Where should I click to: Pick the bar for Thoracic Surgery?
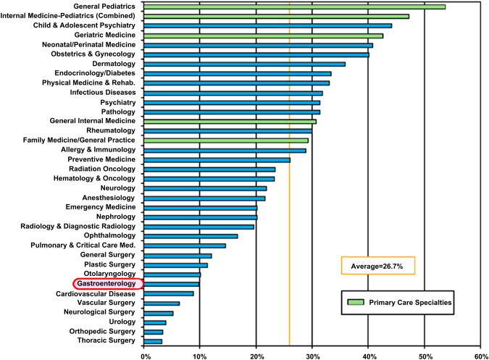(154, 340)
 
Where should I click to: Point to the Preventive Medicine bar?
(217, 159)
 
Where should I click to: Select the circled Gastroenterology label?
(107, 283)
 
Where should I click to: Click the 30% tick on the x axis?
(312, 354)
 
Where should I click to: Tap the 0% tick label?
(146, 354)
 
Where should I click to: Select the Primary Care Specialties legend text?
(411, 302)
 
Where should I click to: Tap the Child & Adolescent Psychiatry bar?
(268, 25)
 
